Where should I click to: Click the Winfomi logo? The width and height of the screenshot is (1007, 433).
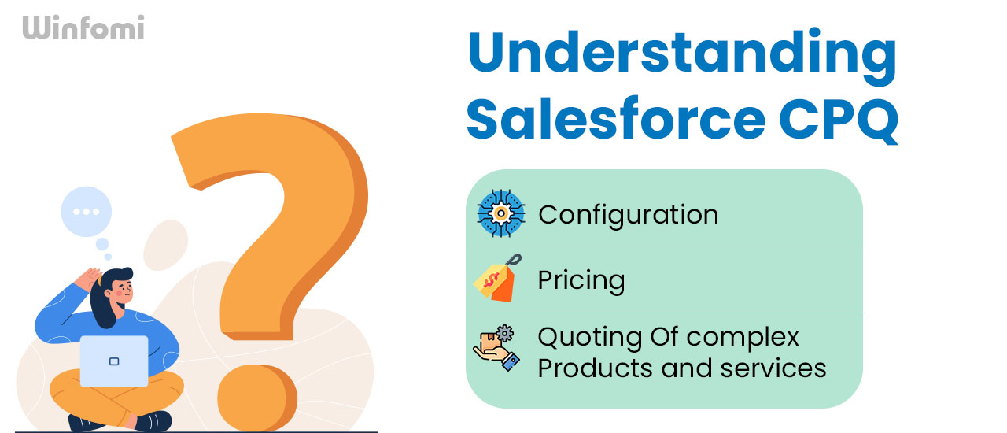[83, 28]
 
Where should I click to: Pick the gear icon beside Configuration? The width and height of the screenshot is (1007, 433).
[500, 213]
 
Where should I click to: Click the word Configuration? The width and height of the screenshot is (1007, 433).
[628, 214]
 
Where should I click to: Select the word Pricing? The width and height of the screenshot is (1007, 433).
[581, 280]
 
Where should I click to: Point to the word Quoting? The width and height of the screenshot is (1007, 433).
[590, 338]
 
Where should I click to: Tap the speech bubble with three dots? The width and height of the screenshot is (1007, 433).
[86, 212]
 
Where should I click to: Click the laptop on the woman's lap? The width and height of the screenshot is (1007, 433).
[114, 361]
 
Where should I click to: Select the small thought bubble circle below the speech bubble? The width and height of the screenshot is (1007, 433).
[102, 244]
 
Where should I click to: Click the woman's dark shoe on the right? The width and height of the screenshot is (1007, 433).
[153, 420]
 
